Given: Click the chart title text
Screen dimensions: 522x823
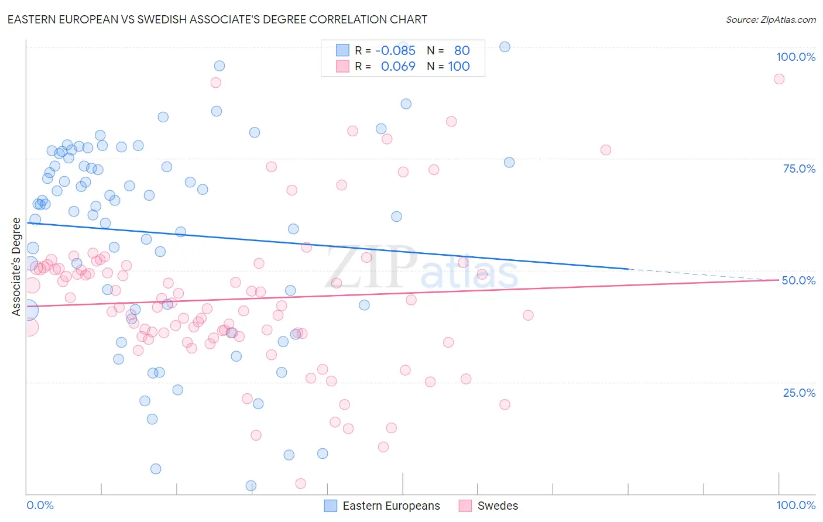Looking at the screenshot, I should (x=217, y=19).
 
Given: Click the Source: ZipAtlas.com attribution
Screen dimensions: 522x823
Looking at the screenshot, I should (x=770, y=19).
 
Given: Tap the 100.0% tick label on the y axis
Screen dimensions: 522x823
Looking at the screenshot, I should (x=795, y=57).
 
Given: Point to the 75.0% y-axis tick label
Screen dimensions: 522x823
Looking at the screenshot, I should (x=799, y=169).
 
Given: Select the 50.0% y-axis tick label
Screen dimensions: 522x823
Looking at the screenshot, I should (x=798, y=280).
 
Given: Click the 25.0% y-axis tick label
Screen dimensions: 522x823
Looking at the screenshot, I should (x=799, y=393).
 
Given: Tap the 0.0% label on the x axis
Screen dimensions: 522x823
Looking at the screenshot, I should (x=40, y=505).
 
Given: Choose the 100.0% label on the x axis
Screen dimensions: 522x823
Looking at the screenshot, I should (x=795, y=505).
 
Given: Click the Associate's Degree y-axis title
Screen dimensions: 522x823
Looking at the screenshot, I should (x=16, y=267).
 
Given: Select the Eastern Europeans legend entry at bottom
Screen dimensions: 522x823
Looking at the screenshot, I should (x=391, y=506).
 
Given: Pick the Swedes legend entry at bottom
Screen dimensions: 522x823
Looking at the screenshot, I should (x=498, y=506).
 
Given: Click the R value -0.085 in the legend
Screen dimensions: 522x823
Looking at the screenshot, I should (x=395, y=50).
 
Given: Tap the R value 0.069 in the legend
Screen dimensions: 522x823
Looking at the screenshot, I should (x=398, y=66).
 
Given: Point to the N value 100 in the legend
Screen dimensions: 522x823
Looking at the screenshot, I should (x=459, y=66).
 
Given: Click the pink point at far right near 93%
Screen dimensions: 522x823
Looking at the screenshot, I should (x=779, y=79).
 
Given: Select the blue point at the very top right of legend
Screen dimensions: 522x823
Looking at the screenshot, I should (x=505, y=47).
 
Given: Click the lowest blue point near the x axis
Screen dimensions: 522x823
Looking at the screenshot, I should (x=251, y=485).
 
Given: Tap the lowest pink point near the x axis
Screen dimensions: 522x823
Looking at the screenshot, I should (x=300, y=483).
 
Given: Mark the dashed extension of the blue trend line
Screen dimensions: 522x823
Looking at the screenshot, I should (x=702, y=274).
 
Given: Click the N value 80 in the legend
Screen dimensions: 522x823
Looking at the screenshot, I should (x=462, y=50).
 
